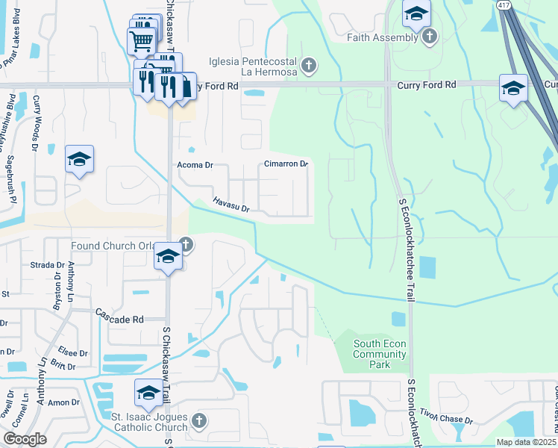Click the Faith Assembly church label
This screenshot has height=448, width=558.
(x=383, y=37)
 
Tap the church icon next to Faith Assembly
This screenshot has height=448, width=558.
(x=429, y=37)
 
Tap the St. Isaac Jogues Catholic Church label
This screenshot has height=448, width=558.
(x=149, y=422)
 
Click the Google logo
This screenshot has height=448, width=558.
(x=25, y=439)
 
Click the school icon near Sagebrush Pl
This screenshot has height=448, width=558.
(x=79, y=160)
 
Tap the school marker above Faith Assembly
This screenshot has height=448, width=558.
(x=416, y=12)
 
